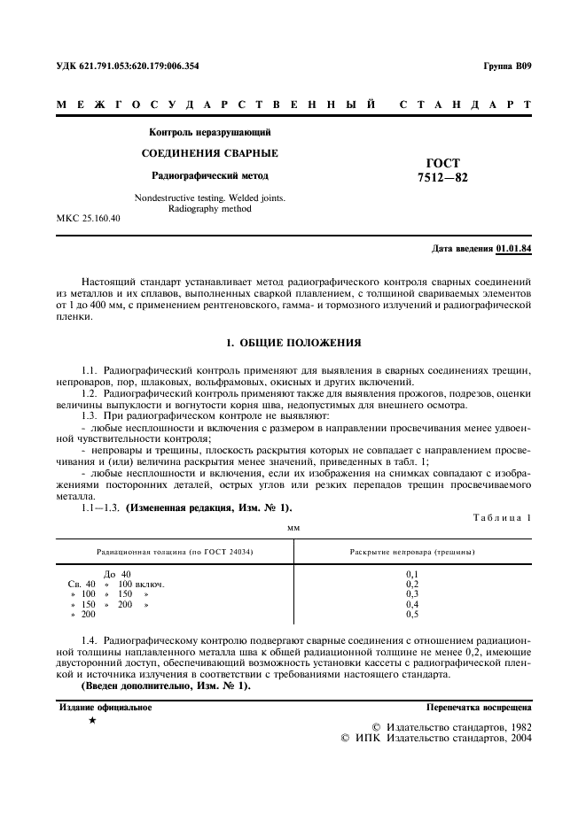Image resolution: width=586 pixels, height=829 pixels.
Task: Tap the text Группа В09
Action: (x=507, y=66)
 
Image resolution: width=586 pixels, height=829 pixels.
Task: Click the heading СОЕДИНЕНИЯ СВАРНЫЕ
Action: (x=210, y=153)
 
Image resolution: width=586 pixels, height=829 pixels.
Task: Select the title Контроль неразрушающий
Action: (x=210, y=132)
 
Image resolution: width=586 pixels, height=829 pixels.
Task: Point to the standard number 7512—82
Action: (x=442, y=177)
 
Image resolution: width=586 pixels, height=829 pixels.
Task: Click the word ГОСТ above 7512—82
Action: (x=442, y=163)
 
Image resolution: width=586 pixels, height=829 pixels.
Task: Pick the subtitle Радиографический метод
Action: (x=210, y=175)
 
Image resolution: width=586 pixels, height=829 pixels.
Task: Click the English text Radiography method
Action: (x=210, y=209)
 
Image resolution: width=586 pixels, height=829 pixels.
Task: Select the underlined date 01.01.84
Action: (x=514, y=248)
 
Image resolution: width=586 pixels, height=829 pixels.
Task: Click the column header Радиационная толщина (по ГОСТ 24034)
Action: (x=175, y=552)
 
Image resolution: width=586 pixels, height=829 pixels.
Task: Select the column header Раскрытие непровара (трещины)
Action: (x=412, y=552)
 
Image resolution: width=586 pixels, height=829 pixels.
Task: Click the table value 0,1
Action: (x=412, y=574)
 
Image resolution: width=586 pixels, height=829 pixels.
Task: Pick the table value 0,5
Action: (x=412, y=614)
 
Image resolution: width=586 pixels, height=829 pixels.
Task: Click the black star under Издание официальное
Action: (x=91, y=722)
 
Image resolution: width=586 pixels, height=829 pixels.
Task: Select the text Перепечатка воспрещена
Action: (x=479, y=708)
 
